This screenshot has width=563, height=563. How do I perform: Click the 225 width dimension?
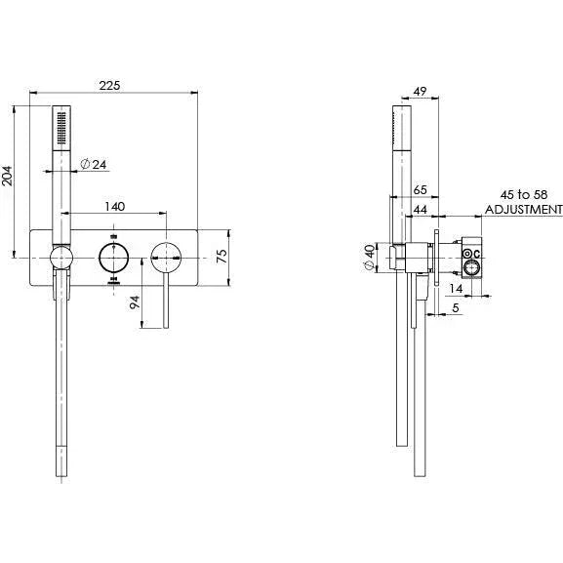coord(109,86)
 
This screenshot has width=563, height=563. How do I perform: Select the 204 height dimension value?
coord(8,176)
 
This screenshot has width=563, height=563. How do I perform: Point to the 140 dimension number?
coord(115,207)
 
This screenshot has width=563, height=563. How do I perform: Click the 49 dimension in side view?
coord(422,92)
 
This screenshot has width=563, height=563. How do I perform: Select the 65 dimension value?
coord(422,191)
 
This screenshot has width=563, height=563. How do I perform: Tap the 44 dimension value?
coord(422,210)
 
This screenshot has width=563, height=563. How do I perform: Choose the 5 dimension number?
coord(456,309)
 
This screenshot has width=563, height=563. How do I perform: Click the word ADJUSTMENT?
coord(524,209)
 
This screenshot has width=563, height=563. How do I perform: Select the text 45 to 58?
coord(524,193)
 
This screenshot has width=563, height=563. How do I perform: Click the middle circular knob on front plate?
coord(114,260)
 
